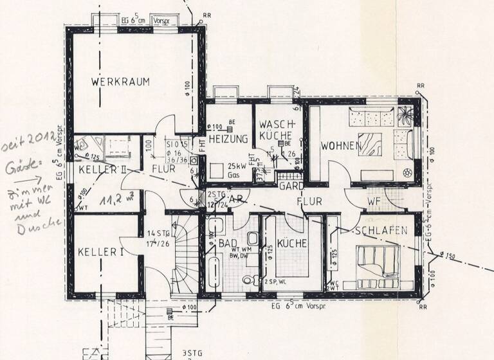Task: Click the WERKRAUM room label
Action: [x=120, y=82]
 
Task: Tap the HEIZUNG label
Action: [x=228, y=138]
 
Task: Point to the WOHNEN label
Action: [x=340, y=146]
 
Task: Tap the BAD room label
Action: [x=228, y=244]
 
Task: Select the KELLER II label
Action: [x=102, y=170]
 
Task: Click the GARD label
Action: [x=291, y=186]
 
